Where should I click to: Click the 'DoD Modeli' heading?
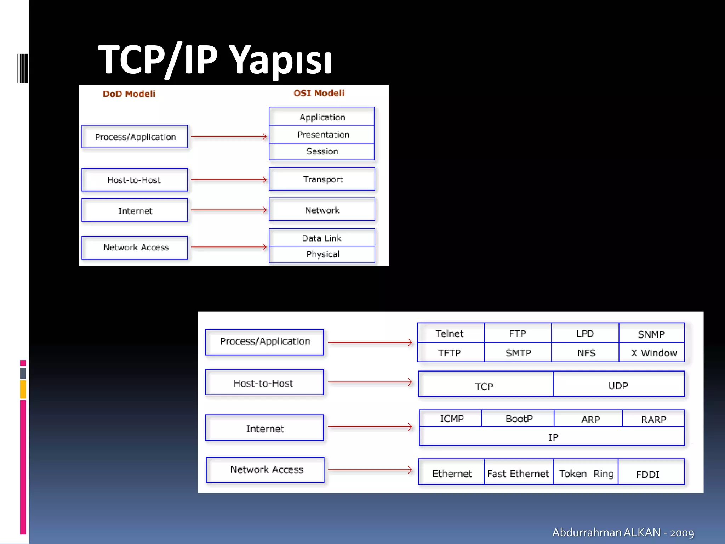[129, 94]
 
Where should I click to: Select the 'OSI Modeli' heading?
[319, 93]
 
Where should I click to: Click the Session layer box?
[322, 152]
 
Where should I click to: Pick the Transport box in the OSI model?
[322, 179]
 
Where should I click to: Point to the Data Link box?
[322, 238]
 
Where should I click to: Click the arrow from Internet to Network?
[229, 210]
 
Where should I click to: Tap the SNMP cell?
[651, 334]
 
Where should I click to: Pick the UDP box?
[618, 385]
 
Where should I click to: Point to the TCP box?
[485, 386]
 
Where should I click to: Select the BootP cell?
[518, 419]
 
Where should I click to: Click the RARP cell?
[653, 419]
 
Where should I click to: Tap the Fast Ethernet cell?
[518, 474]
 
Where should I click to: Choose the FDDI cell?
[648, 474]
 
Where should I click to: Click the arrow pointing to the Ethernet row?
[370, 470]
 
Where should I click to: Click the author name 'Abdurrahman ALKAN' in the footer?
[606, 532]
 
